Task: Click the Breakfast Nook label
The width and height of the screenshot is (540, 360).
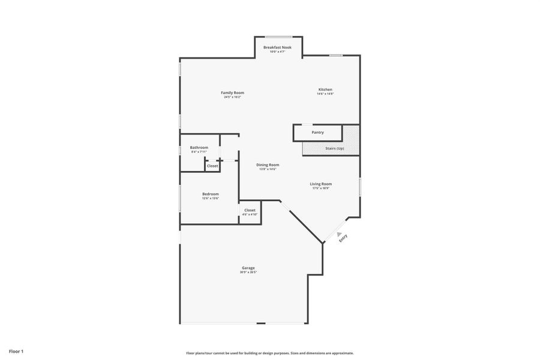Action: point(277,47)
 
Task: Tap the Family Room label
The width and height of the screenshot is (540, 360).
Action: point(232,92)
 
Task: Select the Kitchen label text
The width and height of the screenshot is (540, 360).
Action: point(325,89)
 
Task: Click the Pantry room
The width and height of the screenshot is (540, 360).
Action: point(317,133)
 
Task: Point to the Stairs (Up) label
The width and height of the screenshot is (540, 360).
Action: point(335,148)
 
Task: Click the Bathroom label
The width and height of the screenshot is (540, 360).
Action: point(199,148)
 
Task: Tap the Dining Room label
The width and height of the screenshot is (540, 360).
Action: point(268,164)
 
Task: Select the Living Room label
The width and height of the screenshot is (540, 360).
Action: point(320,184)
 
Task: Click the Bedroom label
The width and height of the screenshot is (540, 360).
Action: point(210,194)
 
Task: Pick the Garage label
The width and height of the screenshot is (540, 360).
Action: point(248,268)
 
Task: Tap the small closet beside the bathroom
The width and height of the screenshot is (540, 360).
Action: point(212,166)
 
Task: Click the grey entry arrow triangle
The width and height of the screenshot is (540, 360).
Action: point(339,235)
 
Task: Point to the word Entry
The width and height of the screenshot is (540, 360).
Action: point(343,238)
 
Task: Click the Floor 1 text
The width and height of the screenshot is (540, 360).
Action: point(16,351)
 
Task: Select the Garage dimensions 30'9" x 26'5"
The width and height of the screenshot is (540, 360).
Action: point(248,272)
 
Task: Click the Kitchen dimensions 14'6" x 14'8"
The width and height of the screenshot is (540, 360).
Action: point(325,94)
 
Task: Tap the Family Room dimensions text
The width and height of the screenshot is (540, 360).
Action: point(232,97)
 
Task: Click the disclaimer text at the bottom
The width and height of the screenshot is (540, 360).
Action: point(269,353)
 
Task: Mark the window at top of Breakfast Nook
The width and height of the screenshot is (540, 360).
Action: point(279,37)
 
